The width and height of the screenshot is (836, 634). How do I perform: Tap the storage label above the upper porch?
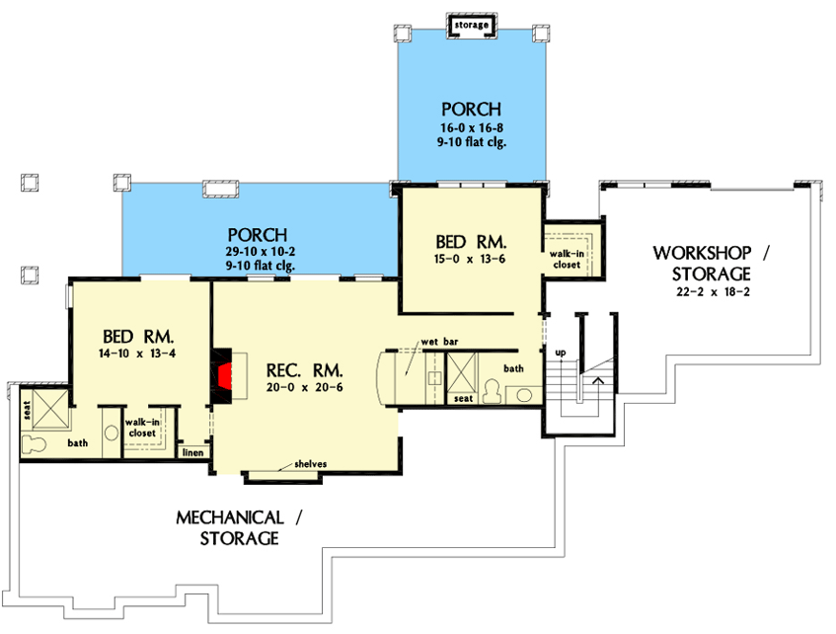pyautogui.click(x=472, y=25)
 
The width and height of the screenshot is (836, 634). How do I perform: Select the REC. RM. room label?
pyautogui.click(x=304, y=369)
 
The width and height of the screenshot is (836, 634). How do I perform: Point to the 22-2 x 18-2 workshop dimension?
pyautogui.click(x=713, y=292)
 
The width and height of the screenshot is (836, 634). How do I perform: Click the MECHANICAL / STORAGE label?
pyautogui.click(x=239, y=527)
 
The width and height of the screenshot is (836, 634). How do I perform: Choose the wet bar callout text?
pyautogui.click(x=439, y=342)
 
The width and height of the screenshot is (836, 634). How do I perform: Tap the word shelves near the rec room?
pyautogui.click(x=310, y=464)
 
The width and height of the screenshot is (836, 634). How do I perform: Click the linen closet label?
pyautogui.click(x=193, y=452)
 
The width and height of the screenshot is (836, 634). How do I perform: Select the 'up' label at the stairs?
pyautogui.click(x=561, y=353)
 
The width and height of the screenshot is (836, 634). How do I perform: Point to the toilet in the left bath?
pyautogui.click(x=33, y=444)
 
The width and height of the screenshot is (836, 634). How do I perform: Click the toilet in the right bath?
pyautogui.click(x=493, y=392)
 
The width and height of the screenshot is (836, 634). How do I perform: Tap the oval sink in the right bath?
pyautogui.click(x=525, y=395)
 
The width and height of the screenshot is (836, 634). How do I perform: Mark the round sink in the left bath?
pyautogui.click(x=112, y=433)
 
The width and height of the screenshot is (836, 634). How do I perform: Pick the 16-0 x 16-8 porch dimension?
pyautogui.click(x=472, y=128)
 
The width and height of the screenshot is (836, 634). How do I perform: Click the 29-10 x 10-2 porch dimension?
pyautogui.click(x=261, y=252)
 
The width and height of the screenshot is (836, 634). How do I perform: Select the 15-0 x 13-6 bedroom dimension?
pyautogui.click(x=470, y=260)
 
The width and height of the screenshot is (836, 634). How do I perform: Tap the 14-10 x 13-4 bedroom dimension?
pyautogui.click(x=137, y=354)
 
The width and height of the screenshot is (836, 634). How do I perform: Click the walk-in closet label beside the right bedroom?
pyautogui.click(x=567, y=260)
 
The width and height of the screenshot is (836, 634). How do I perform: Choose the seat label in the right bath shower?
pyautogui.click(x=463, y=399)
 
